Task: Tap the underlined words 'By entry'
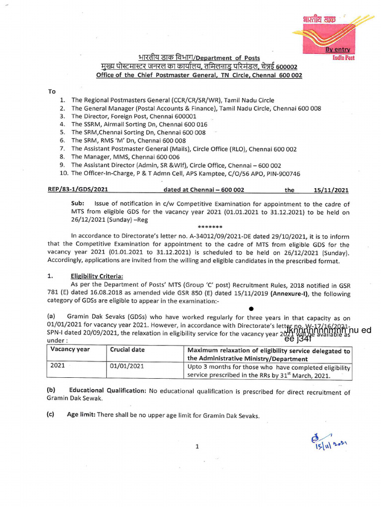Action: [x=338, y=50]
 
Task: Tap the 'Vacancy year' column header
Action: [x=70, y=350]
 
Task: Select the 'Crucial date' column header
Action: [x=127, y=350]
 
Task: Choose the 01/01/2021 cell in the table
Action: [x=127, y=366]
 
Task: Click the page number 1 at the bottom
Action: [x=197, y=447]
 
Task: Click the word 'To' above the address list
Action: [x=52, y=92]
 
